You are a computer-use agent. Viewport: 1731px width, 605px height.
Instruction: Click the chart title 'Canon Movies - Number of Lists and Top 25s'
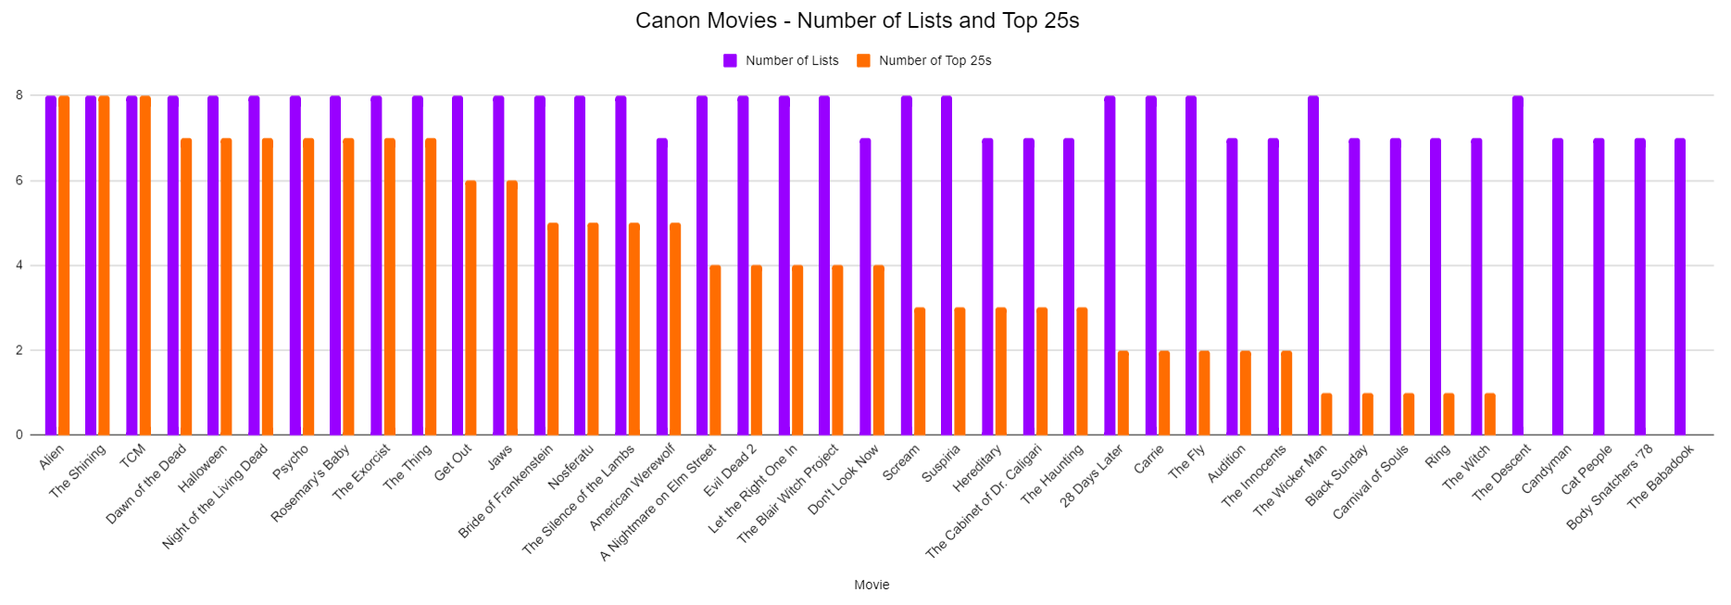pyautogui.click(x=857, y=20)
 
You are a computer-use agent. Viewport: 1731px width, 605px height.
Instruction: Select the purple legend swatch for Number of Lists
pyautogui.click(x=730, y=60)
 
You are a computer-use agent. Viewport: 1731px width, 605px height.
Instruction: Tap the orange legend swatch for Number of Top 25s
pyautogui.click(x=863, y=60)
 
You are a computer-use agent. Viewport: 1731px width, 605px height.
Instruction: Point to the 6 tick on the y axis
pyautogui.click(x=19, y=181)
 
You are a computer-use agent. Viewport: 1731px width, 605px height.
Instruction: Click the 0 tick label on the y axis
pyautogui.click(x=19, y=435)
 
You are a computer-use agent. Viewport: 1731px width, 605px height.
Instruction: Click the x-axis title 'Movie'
pyautogui.click(x=872, y=585)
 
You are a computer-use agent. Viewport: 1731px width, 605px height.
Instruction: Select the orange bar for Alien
pyautogui.click(x=64, y=265)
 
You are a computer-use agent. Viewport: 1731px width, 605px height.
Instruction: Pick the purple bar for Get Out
pyautogui.click(x=458, y=265)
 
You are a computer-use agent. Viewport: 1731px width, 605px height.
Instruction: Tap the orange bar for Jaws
pyautogui.click(x=512, y=308)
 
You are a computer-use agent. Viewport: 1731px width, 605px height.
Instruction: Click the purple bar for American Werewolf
pyautogui.click(x=662, y=286)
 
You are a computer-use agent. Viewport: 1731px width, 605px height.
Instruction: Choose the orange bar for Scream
pyautogui.click(x=920, y=372)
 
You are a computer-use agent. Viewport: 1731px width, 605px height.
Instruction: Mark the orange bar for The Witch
pyautogui.click(x=1490, y=414)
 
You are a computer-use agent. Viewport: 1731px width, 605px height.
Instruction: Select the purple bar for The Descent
pyautogui.click(x=1518, y=265)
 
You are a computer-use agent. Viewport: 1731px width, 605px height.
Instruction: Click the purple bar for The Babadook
pyautogui.click(x=1680, y=286)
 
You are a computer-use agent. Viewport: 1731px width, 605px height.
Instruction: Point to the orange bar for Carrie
pyautogui.click(x=1164, y=393)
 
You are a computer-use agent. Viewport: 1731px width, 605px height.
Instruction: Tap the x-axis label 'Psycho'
pyautogui.click(x=291, y=462)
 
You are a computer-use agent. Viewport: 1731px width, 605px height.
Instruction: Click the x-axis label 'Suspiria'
pyautogui.click(x=942, y=464)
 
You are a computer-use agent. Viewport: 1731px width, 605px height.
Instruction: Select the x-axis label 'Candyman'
pyautogui.click(x=1547, y=469)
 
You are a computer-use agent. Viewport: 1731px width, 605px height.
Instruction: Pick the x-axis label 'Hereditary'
pyautogui.click(x=978, y=469)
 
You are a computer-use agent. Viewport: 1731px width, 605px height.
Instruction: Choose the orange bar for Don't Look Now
pyautogui.click(x=879, y=350)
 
